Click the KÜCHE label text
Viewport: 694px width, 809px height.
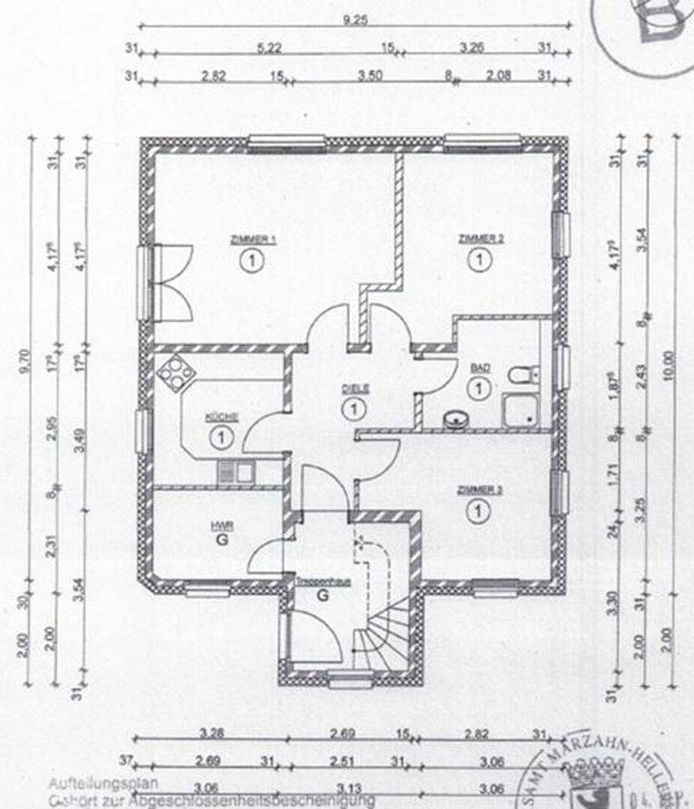(222, 417)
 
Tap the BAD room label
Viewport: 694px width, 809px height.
(477, 369)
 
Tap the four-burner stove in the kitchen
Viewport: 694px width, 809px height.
(173, 372)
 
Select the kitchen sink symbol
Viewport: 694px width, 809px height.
(236, 472)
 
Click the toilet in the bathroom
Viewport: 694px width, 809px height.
(521, 373)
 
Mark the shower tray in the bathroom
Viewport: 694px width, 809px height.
(522, 410)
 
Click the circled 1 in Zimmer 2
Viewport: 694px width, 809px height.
(476, 260)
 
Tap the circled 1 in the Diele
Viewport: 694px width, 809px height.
(351, 409)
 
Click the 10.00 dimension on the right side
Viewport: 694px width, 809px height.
(668, 367)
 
